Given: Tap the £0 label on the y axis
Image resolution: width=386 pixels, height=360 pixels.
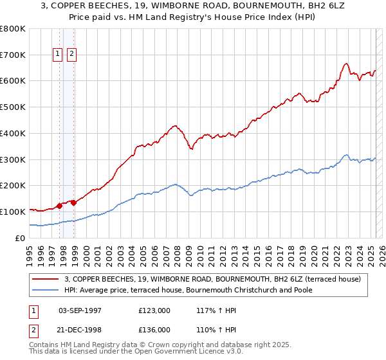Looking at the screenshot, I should pos(21,238).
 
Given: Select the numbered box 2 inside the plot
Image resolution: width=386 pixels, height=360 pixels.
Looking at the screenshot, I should pos(71,54).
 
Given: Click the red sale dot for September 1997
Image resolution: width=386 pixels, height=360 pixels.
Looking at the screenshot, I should pos(60,206).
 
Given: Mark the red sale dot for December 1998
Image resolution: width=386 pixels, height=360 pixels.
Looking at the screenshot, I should pos(74,203).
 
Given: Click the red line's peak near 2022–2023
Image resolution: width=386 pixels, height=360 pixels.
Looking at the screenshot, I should pos(346,63).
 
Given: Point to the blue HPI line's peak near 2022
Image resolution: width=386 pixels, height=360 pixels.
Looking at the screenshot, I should pos(346,155).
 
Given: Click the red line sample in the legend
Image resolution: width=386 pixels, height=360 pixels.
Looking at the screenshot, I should pos(46,279).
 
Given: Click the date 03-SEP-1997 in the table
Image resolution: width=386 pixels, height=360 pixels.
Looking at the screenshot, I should pos(80,310).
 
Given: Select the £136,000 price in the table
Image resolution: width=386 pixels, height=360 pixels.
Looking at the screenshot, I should pos(154,330).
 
